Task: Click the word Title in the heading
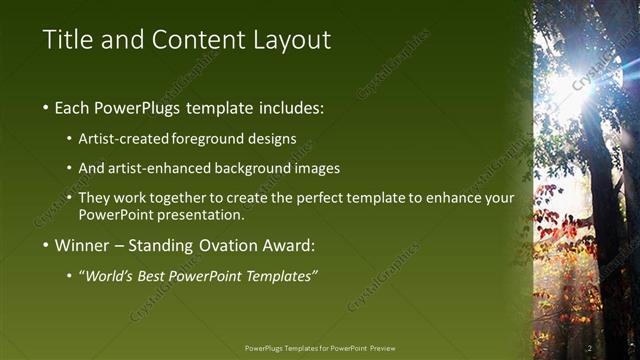tap(67, 41)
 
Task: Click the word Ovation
tap(212, 245)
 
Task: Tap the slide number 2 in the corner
tap(589, 348)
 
